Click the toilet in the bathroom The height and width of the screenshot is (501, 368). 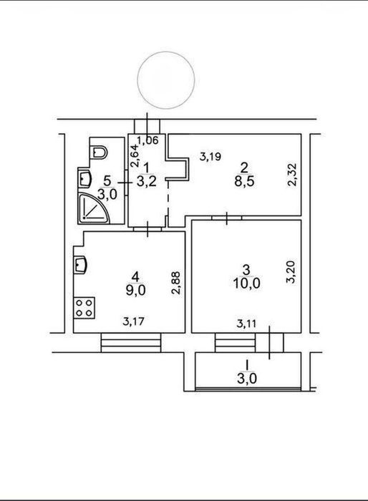98,152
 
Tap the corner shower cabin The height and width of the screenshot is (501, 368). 93,208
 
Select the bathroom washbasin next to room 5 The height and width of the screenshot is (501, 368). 85,178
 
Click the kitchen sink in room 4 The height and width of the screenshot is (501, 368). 80,265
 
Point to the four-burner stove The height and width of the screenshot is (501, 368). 84,308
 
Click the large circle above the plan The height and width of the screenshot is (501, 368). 166,80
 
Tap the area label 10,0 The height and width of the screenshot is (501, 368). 246,283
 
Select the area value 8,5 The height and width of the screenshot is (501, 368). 244,182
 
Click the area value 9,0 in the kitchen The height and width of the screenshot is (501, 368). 135,291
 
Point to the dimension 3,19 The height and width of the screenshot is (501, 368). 210,157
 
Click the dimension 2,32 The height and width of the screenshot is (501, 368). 292,175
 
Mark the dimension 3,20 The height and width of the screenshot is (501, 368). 291,272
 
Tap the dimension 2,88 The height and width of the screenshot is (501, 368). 176,283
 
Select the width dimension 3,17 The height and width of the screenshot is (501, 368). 133,321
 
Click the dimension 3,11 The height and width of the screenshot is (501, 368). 246,324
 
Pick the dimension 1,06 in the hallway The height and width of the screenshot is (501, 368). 147,140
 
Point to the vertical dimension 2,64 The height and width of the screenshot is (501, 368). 135,155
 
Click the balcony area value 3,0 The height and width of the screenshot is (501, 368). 247,379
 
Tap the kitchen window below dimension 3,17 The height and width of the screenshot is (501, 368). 131,343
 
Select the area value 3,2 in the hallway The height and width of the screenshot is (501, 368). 147,182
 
